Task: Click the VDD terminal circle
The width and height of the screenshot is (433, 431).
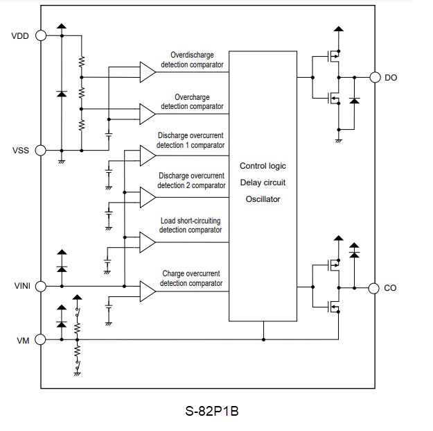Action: point(41,35)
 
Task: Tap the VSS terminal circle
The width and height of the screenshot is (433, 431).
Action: point(41,150)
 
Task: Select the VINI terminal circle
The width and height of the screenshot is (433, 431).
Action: point(41,286)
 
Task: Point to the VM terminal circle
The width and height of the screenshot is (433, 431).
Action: point(41,339)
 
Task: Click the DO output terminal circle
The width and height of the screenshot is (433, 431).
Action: point(375,77)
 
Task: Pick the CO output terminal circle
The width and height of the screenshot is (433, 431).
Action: point(375,287)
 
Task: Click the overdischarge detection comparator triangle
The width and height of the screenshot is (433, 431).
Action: point(147,71)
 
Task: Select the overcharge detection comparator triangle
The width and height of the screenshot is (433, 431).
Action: point(147,112)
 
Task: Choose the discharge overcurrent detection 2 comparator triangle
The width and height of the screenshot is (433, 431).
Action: point(147,197)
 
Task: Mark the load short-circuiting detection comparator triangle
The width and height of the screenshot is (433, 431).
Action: point(147,241)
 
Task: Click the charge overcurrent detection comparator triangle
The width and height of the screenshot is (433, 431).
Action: point(147,291)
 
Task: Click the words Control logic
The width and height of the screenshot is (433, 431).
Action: point(263,166)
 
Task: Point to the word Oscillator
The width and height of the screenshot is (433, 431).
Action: point(262,199)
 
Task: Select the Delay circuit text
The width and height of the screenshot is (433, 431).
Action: point(263,183)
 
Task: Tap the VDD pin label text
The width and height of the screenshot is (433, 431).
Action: point(20,36)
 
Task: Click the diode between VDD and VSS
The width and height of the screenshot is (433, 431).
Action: point(62,92)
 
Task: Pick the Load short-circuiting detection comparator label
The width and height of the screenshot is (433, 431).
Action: point(191,225)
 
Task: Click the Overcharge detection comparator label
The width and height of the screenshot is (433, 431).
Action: point(192,102)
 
